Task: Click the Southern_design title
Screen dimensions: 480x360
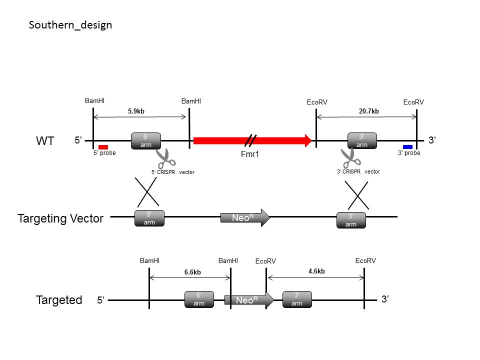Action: pyautogui.click(x=70, y=25)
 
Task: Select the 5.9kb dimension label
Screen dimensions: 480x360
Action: pyautogui.click(x=136, y=111)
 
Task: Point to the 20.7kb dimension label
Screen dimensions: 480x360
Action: pyautogui.click(x=369, y=111)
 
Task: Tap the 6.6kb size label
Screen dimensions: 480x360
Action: pyautogui.click(x=192, y=272)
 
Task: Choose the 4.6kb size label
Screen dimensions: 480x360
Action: pyautogui.click(x=316, y=271)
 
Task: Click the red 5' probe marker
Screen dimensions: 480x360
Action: pyautogui.click(x=103, y=147)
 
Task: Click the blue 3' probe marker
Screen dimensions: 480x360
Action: pyautogui.click(x=408, y=147)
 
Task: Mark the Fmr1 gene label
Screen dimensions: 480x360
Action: pyautogui.click(x=250, y=154)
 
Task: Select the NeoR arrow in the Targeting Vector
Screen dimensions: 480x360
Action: pyautogui.click(x=245, y=217)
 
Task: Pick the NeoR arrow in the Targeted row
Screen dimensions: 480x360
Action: pyautogui.click(x=249, y=300)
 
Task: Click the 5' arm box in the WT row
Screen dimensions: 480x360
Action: pyautogui.click(x=146, y=141)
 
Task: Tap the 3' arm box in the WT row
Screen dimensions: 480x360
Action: pyautogui.click(x=362, y=141)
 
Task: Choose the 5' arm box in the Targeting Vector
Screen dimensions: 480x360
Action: pyautogui.click(x=149, y=218)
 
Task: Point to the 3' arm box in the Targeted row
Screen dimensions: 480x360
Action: pyautogui.click(x=297, y=299)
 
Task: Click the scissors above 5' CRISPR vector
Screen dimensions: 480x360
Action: pyautogui.click(x=165, y=158)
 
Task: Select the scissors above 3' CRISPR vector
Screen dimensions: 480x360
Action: pyautogui.click(x=351, y=158)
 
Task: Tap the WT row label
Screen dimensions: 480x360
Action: pyautogui.click(x=45, y=141)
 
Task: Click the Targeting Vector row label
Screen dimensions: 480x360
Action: pyautogui.click(x=60, y=218)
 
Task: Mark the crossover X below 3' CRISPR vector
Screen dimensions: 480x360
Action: pyautogui.click(x=357, y=195)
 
